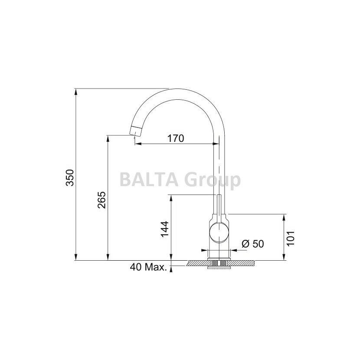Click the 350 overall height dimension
[69, 178]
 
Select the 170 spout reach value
[176, 138]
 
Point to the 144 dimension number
[164, 229]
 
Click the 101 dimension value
[291, 238]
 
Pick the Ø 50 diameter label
[252, 244]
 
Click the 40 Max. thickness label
[148, 267]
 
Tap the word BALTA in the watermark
[149, 180]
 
